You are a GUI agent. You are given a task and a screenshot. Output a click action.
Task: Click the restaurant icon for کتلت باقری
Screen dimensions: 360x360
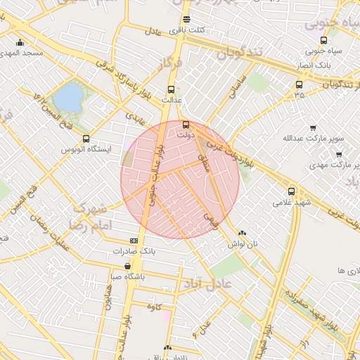coord(186,20)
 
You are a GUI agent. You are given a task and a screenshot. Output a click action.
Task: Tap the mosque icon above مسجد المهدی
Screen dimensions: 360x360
coord(20,42)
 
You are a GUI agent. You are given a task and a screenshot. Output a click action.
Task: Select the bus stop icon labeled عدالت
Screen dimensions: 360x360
coord(171,89)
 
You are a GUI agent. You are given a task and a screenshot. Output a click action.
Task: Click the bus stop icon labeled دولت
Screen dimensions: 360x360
coord(186,124)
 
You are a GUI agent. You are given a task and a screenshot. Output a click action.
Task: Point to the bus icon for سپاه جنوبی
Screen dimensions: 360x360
coord(323,40)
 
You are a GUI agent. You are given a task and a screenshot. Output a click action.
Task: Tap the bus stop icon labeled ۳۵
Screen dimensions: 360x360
coord(300,85)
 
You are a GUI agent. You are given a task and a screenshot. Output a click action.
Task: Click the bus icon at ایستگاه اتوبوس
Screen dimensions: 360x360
coord(86,139)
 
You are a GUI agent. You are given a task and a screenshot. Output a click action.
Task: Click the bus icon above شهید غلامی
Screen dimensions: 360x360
coord(291,191)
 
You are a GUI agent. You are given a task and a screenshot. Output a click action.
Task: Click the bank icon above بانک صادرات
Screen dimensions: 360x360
coord(134,240)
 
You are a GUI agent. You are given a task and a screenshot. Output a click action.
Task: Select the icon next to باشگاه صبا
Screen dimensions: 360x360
coord(127,266)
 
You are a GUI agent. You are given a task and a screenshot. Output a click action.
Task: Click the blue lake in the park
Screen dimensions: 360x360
coord(68,98)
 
